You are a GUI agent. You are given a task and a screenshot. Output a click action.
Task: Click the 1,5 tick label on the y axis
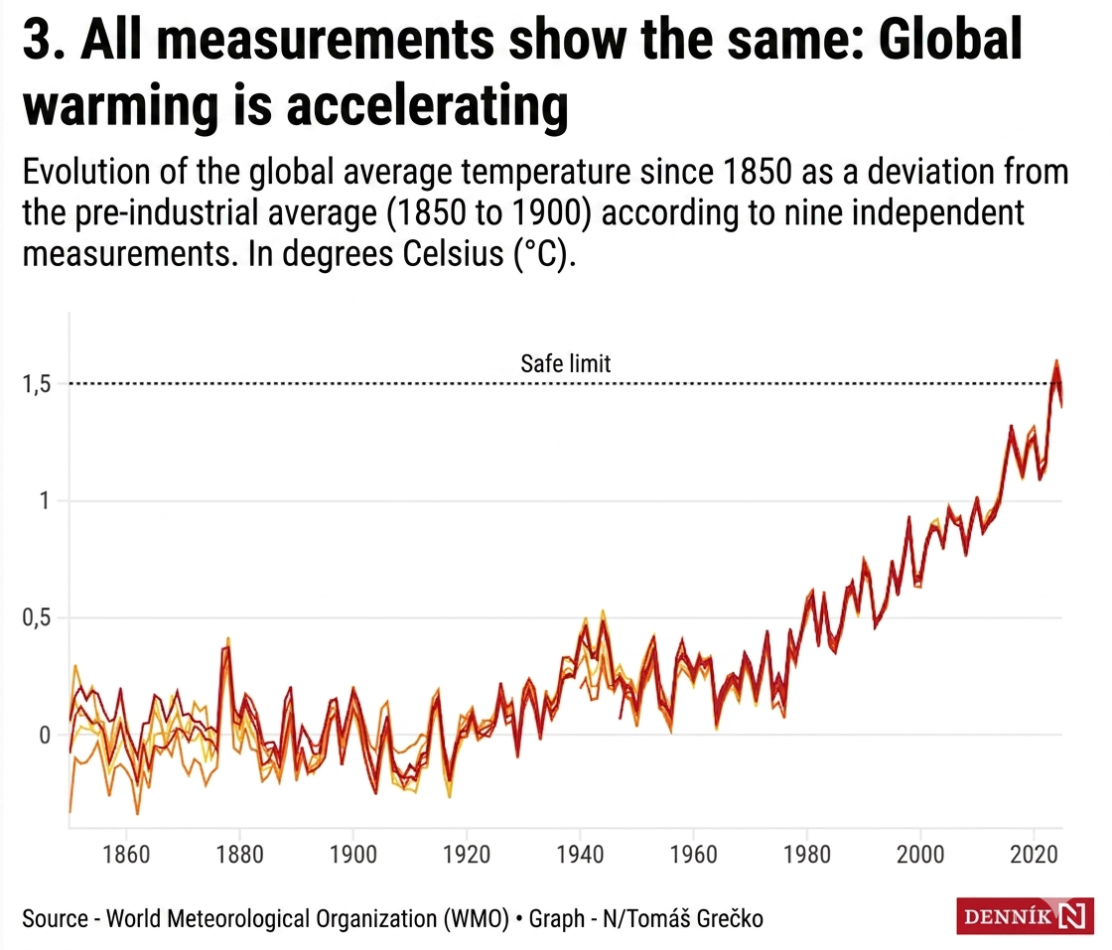click(37, 384)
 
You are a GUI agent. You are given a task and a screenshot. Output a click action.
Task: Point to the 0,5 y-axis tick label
click(37, 618)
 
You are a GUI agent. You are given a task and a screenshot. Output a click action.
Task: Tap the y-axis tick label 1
click(44, 501)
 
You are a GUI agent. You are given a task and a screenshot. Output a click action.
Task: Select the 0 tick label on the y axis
click(44, 736)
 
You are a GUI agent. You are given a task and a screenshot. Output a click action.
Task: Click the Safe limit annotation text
click(566, 364)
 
